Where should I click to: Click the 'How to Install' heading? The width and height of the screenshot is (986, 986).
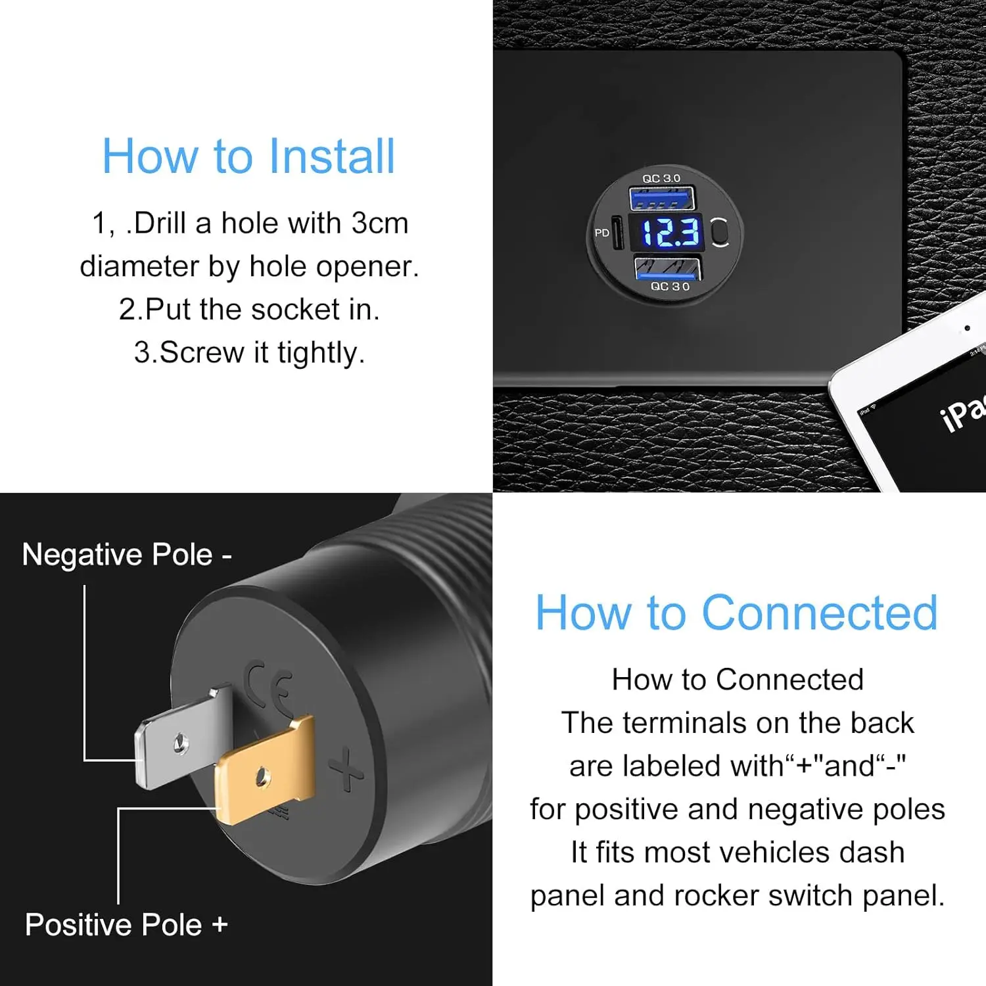tap(248, 156)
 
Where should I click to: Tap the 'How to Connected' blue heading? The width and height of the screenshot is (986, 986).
tap(736, 613)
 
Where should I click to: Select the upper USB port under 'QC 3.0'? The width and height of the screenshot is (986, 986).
tap(662, 198)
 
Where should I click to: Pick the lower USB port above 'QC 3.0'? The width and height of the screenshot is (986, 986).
tap(667, 268)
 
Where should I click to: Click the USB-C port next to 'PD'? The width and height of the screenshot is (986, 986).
tap(618, 233)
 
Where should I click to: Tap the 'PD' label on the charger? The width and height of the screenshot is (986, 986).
tap(601, 233)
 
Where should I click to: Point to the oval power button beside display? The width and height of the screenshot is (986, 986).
tap(720, 232)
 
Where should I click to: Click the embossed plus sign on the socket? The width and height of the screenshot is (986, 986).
tap(346, 770)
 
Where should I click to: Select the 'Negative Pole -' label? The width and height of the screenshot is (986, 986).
tap(127, 555)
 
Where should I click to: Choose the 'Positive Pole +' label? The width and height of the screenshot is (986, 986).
tap(126, 925)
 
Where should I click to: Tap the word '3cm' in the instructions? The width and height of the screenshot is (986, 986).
tap(379, 223)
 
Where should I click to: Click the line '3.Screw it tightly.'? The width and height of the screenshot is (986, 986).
tap(249, 352)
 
